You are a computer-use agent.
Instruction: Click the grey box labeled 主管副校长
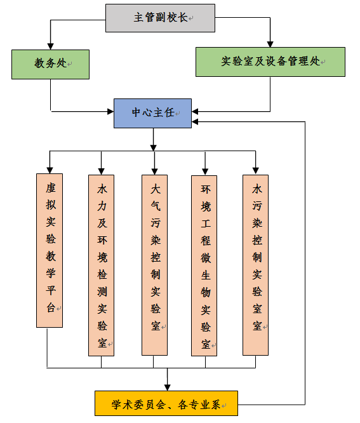point(160,18)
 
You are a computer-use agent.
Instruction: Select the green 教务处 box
point(50,64)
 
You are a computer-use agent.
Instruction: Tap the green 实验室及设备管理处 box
point(270,62)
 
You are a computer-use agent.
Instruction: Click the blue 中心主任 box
point(152,113)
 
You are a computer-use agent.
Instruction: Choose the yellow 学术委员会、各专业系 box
point(166,403)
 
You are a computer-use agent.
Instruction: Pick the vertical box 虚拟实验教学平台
point(50,250)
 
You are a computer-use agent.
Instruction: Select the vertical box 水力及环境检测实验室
point(101,265)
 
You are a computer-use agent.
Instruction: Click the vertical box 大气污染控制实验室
point(154,265)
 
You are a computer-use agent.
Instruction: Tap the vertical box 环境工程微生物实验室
point(204,265)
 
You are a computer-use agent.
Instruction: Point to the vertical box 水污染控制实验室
point(255,265)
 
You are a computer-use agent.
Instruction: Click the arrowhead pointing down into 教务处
point(50,46)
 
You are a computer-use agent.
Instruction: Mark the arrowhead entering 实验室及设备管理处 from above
point(270,44)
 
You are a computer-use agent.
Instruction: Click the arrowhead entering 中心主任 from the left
point(110,111)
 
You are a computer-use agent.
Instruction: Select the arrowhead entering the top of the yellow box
point(168,387)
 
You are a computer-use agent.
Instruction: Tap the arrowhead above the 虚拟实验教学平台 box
point(50,170)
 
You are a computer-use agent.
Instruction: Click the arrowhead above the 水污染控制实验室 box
point(256,171)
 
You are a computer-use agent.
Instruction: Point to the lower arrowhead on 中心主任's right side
point(195,122)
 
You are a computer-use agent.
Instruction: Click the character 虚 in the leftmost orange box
point(50,187)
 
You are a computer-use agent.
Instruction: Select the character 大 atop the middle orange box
point(156,189)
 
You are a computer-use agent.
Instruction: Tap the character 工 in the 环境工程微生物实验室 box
point(206,224)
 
